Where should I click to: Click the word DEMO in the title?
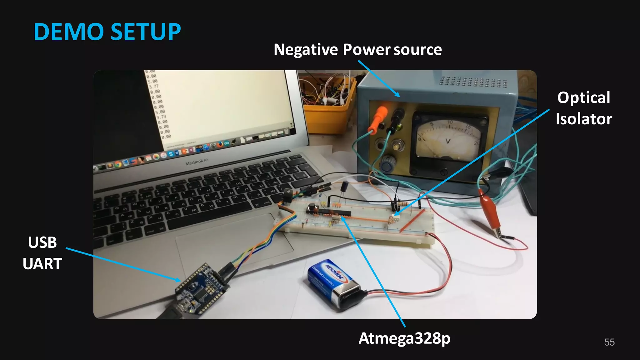69,32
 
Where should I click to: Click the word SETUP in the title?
146,32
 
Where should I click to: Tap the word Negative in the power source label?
306,50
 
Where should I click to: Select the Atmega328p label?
404,338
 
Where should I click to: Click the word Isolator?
583,119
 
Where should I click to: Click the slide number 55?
609,342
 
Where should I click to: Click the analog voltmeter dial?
448,139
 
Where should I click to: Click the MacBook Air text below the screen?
197,162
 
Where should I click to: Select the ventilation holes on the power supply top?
473,82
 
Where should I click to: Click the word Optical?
583,97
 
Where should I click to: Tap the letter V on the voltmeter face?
448,141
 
